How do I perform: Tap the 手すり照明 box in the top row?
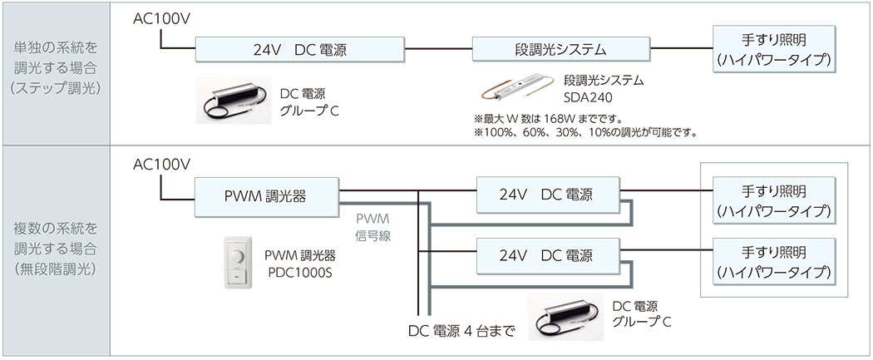point(772,50)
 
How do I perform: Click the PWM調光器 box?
point(265,196)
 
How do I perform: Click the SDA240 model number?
point(588,96)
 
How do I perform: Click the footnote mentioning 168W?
point(548,118)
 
